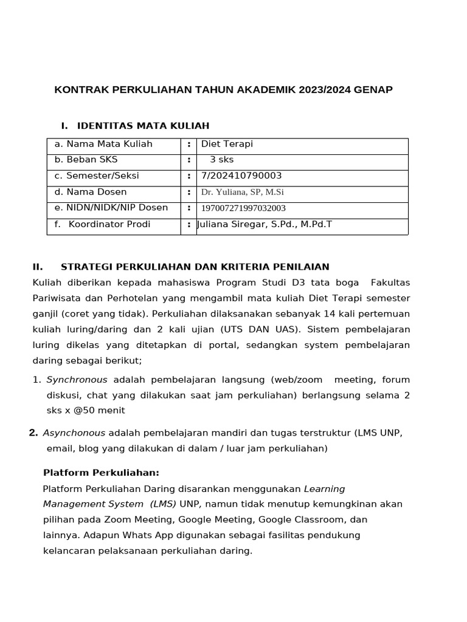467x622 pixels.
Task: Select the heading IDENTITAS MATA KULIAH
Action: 143,126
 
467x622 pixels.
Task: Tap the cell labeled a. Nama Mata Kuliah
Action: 103,144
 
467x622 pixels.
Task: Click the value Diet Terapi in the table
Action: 227,144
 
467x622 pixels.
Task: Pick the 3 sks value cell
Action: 221,160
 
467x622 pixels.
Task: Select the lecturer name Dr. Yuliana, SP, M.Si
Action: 243,192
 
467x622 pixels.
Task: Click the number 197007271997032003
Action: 243,208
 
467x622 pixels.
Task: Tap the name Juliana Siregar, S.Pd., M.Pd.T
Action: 265,224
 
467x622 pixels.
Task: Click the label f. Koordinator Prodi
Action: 103,224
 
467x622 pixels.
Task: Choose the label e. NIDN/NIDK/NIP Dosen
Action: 111,208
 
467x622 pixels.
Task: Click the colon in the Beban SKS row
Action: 189,160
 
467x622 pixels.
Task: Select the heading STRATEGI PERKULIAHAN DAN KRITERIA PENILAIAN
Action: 195,267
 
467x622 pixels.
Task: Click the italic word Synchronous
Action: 77,380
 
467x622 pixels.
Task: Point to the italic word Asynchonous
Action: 74,433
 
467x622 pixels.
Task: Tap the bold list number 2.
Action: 33,433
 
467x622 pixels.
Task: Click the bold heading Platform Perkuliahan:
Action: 101,473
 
